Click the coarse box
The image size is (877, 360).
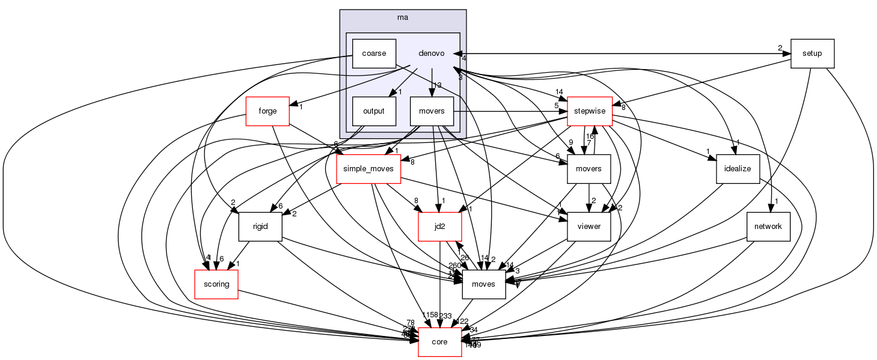[374, 53]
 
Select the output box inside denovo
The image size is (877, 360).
[374, 111]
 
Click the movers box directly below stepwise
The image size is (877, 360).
[589, 169]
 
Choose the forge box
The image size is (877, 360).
[267, 111]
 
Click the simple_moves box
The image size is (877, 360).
[368, 169]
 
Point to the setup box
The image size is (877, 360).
[813, 53]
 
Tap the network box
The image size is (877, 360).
[768, 227]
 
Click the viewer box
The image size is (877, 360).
[589, 227]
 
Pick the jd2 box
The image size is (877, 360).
[440, 227]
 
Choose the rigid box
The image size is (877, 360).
[260, 227]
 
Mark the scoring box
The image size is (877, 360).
[216, 284]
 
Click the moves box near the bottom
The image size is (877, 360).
[483, 284]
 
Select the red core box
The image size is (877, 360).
[440, 342]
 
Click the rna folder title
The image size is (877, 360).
[403, 17]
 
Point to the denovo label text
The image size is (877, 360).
[431, 53]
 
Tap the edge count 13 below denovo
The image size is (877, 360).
[438, 85]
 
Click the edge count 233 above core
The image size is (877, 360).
[445, 316]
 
